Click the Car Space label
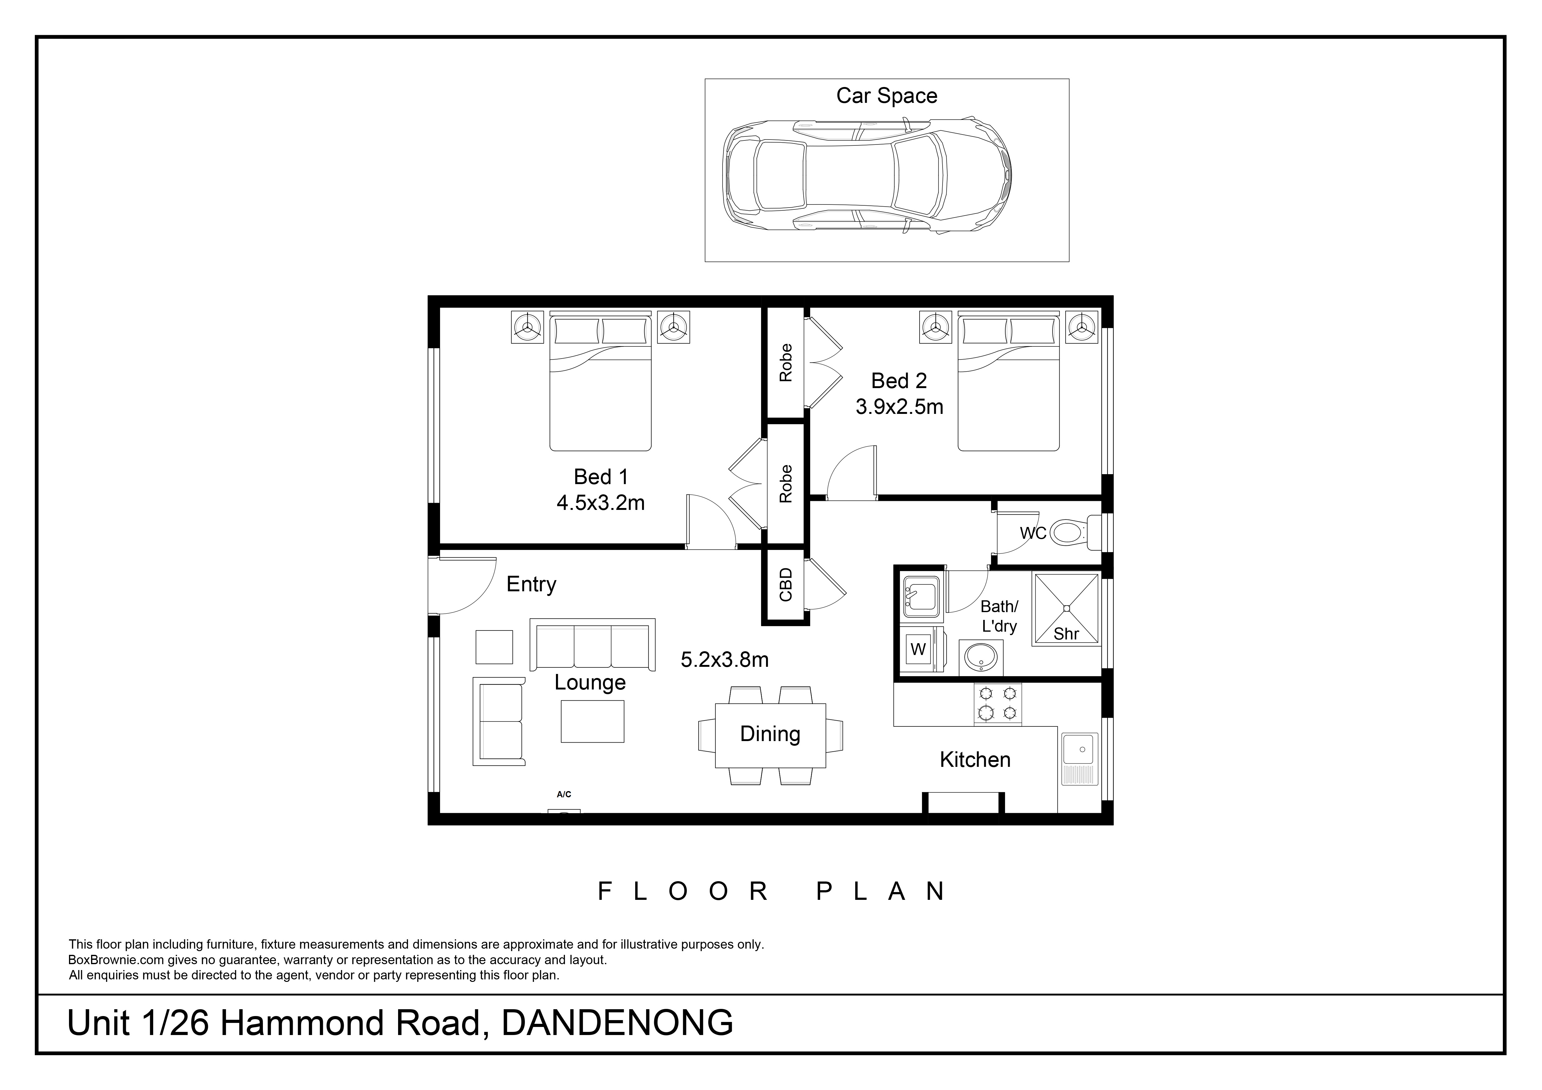pos(887,96)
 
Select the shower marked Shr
pos(1067,609)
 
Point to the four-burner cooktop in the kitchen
pos(998,704)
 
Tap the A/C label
pos(564,795)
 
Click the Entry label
pos(531,584)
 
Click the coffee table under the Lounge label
pos(592,721)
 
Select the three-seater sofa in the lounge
pos(592,645)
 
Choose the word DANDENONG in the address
pos(617,1023)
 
